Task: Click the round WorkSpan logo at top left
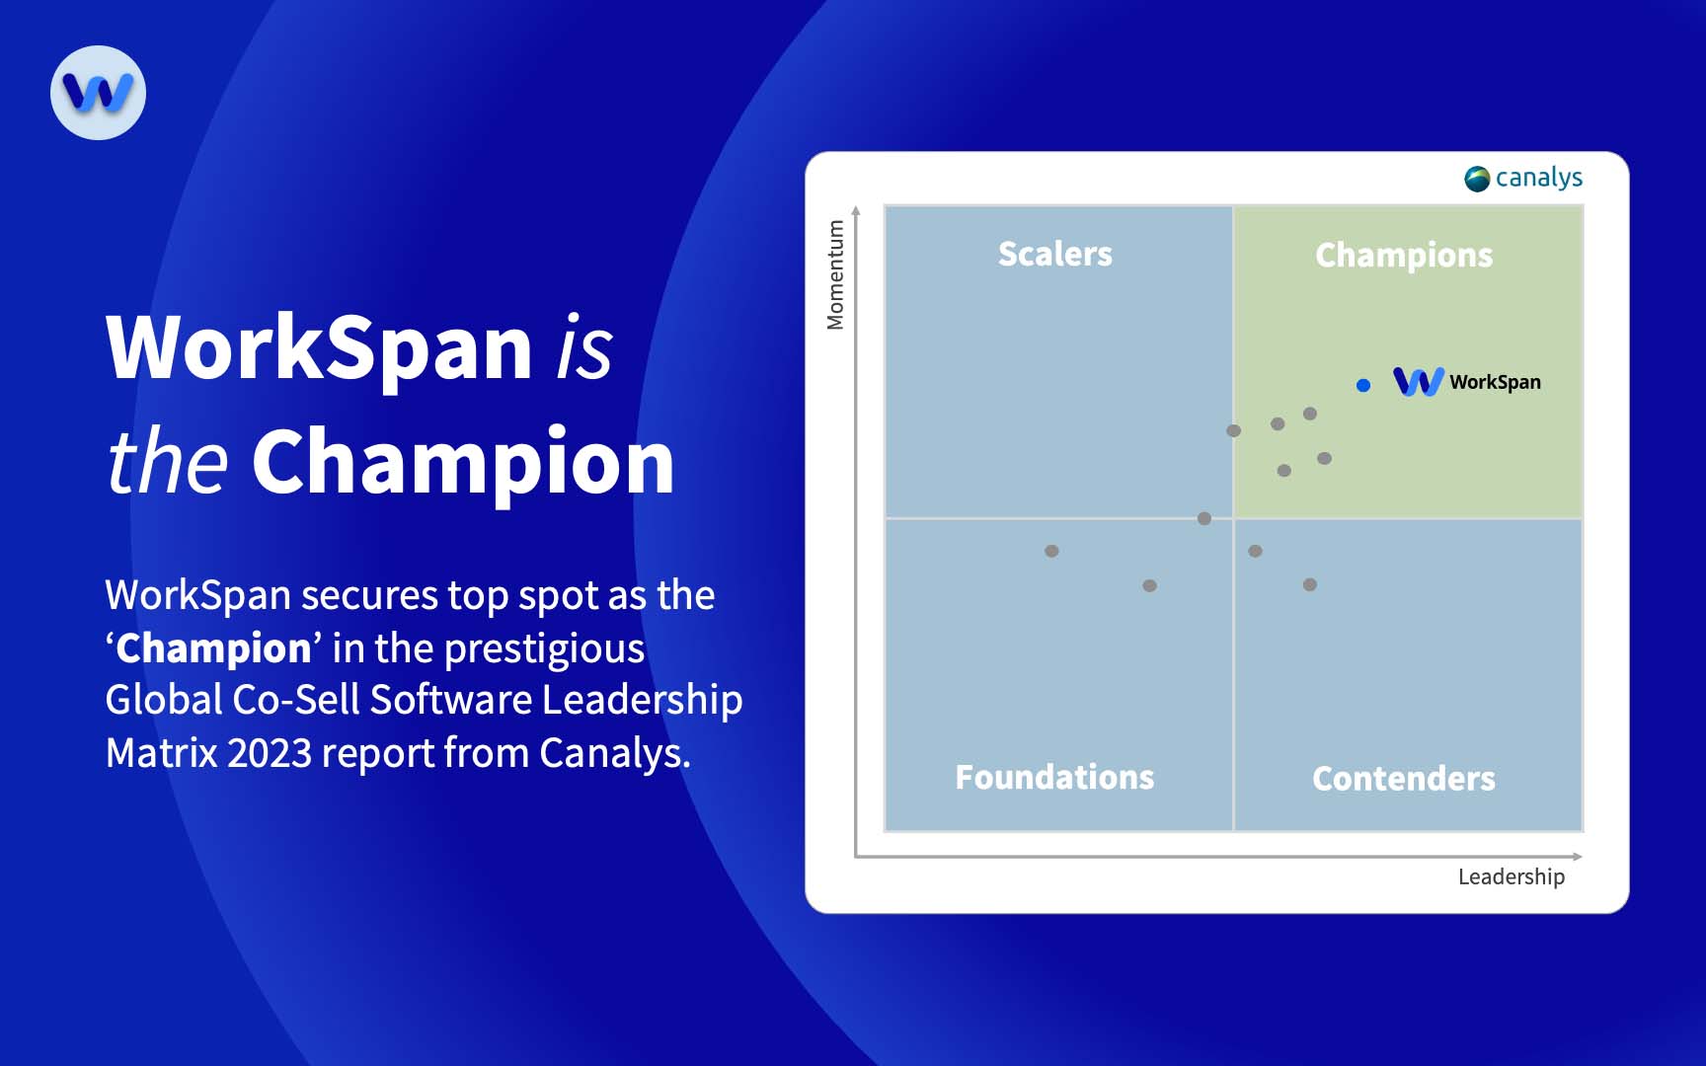[98, 93]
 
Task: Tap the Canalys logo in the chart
[1523, 178]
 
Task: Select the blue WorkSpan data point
[1363, 385]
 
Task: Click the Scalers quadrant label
[1054, 254]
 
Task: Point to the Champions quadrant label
[1403, 255]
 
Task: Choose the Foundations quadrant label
[1054, 777]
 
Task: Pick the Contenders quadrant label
[1403, 778]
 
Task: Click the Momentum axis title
[835, 274]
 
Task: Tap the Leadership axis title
[1511, 876]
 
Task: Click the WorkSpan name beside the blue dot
[1494, 382]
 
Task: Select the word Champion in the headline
[463, 461]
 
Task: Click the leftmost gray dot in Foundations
[1051, 551]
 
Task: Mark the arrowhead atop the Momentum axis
[856, 210]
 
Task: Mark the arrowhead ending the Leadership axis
[1578, 856]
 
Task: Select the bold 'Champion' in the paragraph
[213, 648]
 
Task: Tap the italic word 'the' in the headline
[168, 461]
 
